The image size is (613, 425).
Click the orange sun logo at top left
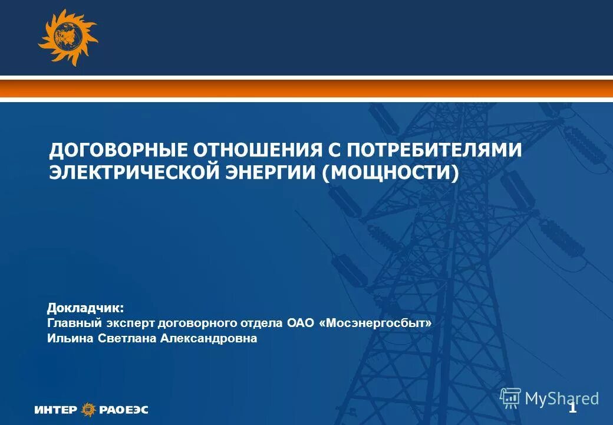click(67, 37)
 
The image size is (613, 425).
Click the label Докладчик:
click(85, 308)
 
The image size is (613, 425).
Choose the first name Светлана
click(121, 339)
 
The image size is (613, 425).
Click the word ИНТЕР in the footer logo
click(55, 409)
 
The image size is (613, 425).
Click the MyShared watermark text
click(561, 398)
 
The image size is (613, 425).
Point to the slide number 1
click(572, 408)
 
